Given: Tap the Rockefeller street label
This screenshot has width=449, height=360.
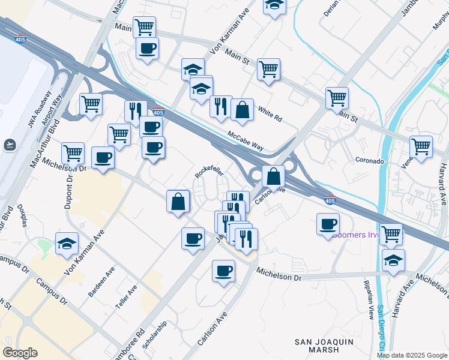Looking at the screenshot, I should click(x=209, y=172).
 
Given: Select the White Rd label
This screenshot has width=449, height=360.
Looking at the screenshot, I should click(x=270, y=114).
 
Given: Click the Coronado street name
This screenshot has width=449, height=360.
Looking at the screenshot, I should click(x=369, y=161).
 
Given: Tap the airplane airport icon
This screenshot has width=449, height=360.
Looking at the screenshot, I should click(x=10, y=145).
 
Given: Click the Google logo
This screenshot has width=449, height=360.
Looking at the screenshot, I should click(x=20, y=353).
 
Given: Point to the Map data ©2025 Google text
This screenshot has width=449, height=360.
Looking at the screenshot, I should click(x=412, y=355).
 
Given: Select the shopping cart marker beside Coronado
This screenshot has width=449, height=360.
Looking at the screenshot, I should click(x=421, y=146).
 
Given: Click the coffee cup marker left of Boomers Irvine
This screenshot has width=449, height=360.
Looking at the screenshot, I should click(x=328, y=224).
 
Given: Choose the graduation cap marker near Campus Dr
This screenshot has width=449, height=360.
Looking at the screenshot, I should click(x=67, y=243).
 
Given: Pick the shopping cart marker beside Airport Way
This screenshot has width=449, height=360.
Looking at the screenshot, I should click(x=91, y=103).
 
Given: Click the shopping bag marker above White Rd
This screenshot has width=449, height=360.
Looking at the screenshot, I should click(x=242, y=110).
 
